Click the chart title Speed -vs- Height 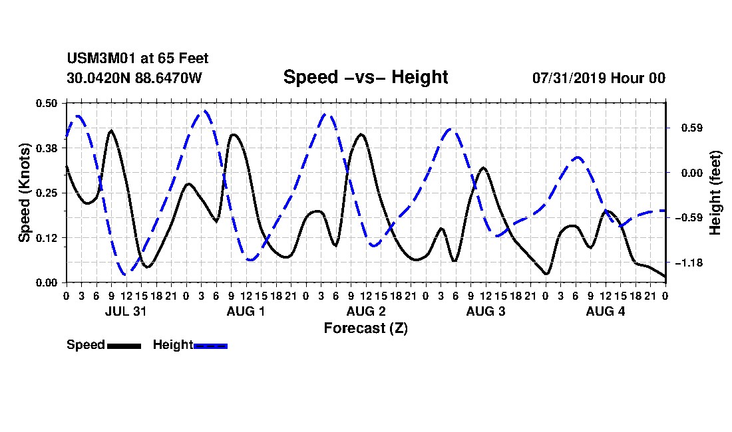(x=365, y=77)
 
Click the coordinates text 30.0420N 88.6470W (x=134, y=78)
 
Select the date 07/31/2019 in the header (x=569, y=78)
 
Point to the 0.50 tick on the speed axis (x=46, y=103)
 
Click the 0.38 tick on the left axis (x=46, y=148)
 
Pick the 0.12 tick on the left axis (x=46, y=238)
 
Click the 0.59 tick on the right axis (x=692, y=128)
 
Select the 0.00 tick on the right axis (x=692, y=173)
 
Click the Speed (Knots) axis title (x=24, y=193)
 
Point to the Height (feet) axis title (x=715, y=193)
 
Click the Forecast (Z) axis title (x=365, y=328)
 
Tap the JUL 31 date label (x=126, y=311)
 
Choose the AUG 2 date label (x=366, y=311)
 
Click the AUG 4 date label (x=606, y=311)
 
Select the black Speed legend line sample (x=124, y=346)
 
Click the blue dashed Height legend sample (x=210, y=346)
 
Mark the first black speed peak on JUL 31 (x=111, y=130)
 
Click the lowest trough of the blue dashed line (x=125, y=274)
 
